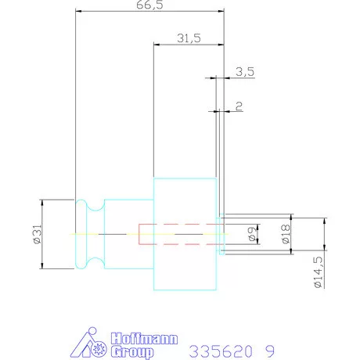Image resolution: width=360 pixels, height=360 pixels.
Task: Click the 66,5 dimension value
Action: pyautogui.click(x=149, y=5)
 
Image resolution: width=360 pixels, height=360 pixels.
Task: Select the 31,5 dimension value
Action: pyautogui.click(x=189, y=38)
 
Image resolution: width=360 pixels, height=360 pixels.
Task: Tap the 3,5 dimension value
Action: pyautogui.click(x=245, y=72)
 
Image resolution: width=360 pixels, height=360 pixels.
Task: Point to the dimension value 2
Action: pyautogui.click(x=239, y=106)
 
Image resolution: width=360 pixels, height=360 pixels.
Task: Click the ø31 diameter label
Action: pyautogui.click(x=38, y=234)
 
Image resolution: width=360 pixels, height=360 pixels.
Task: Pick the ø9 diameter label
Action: pyautogui.click(x=252, y=234)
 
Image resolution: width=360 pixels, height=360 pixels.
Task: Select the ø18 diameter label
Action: pyautogui.click(x=286, y=234)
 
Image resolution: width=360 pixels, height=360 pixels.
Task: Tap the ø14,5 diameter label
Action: pyautogui.click(x=319, y=272)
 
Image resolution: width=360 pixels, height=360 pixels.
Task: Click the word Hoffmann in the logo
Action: pyautogui.click(x=144, y=339)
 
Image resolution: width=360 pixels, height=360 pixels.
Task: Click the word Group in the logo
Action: pyautogui.click(x=132, y=352)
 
